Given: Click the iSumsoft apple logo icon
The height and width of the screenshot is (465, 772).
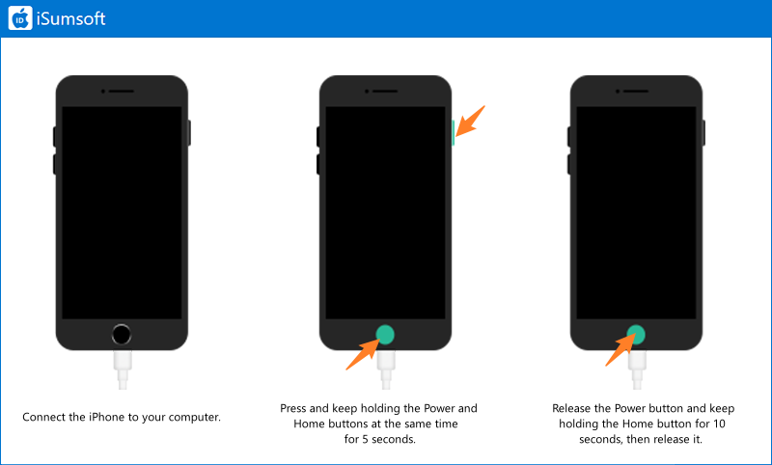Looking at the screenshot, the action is pos(20,18).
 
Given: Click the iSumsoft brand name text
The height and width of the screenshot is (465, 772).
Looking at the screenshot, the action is pos(70,18).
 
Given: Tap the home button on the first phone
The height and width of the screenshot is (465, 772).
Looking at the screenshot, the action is pos(122,335).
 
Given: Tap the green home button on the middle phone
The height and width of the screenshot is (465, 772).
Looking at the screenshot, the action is pos(385,335).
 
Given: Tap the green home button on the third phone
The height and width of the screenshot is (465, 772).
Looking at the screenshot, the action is pos(636,335).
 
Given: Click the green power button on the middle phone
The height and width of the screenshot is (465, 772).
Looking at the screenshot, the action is pos(453,133).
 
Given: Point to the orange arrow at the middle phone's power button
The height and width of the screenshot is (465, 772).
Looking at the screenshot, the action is pos(470,121).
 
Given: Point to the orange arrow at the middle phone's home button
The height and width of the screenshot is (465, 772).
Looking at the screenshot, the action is pos(363,354).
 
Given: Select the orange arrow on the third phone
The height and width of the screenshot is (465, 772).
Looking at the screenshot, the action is pos(620,351).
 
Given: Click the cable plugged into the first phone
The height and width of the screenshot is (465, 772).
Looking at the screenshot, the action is pos(123,369).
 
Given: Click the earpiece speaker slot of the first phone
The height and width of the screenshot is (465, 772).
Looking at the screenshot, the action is pos(122,91).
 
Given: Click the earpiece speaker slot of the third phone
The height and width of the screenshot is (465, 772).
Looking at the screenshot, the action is pos(636,91).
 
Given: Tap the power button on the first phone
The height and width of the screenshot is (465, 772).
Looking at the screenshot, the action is pos(189,133).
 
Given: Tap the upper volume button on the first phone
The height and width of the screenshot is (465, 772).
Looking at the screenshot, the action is pos(55,137).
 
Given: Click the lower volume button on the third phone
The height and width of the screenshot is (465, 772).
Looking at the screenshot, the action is pos(569,164).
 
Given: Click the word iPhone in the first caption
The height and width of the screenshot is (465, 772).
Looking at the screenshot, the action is pos(106,418).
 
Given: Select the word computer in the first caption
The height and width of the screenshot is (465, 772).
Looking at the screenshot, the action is pos(195,418).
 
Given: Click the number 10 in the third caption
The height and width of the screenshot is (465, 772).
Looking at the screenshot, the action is pos(719,424).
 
